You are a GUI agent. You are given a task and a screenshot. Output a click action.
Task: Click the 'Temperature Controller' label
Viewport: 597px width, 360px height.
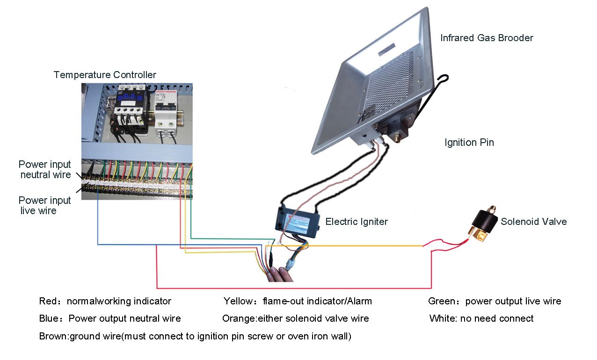pos(105,75)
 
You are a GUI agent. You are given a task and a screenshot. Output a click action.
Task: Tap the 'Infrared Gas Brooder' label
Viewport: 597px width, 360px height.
pos(487,38)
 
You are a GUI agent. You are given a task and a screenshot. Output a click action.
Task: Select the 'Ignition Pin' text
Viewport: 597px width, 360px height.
pos(469,143)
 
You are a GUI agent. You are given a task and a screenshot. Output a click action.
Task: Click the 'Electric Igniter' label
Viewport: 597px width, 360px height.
pos(357,222)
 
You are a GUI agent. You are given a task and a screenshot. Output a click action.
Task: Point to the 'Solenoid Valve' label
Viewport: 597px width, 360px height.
pos(533,222)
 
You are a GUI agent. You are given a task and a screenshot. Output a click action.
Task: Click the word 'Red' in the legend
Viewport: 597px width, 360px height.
pos(48,302)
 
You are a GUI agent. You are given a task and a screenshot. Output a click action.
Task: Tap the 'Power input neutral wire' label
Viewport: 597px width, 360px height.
pos(45,170)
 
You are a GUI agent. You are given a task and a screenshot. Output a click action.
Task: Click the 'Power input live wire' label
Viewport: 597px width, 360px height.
pos(44,206)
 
